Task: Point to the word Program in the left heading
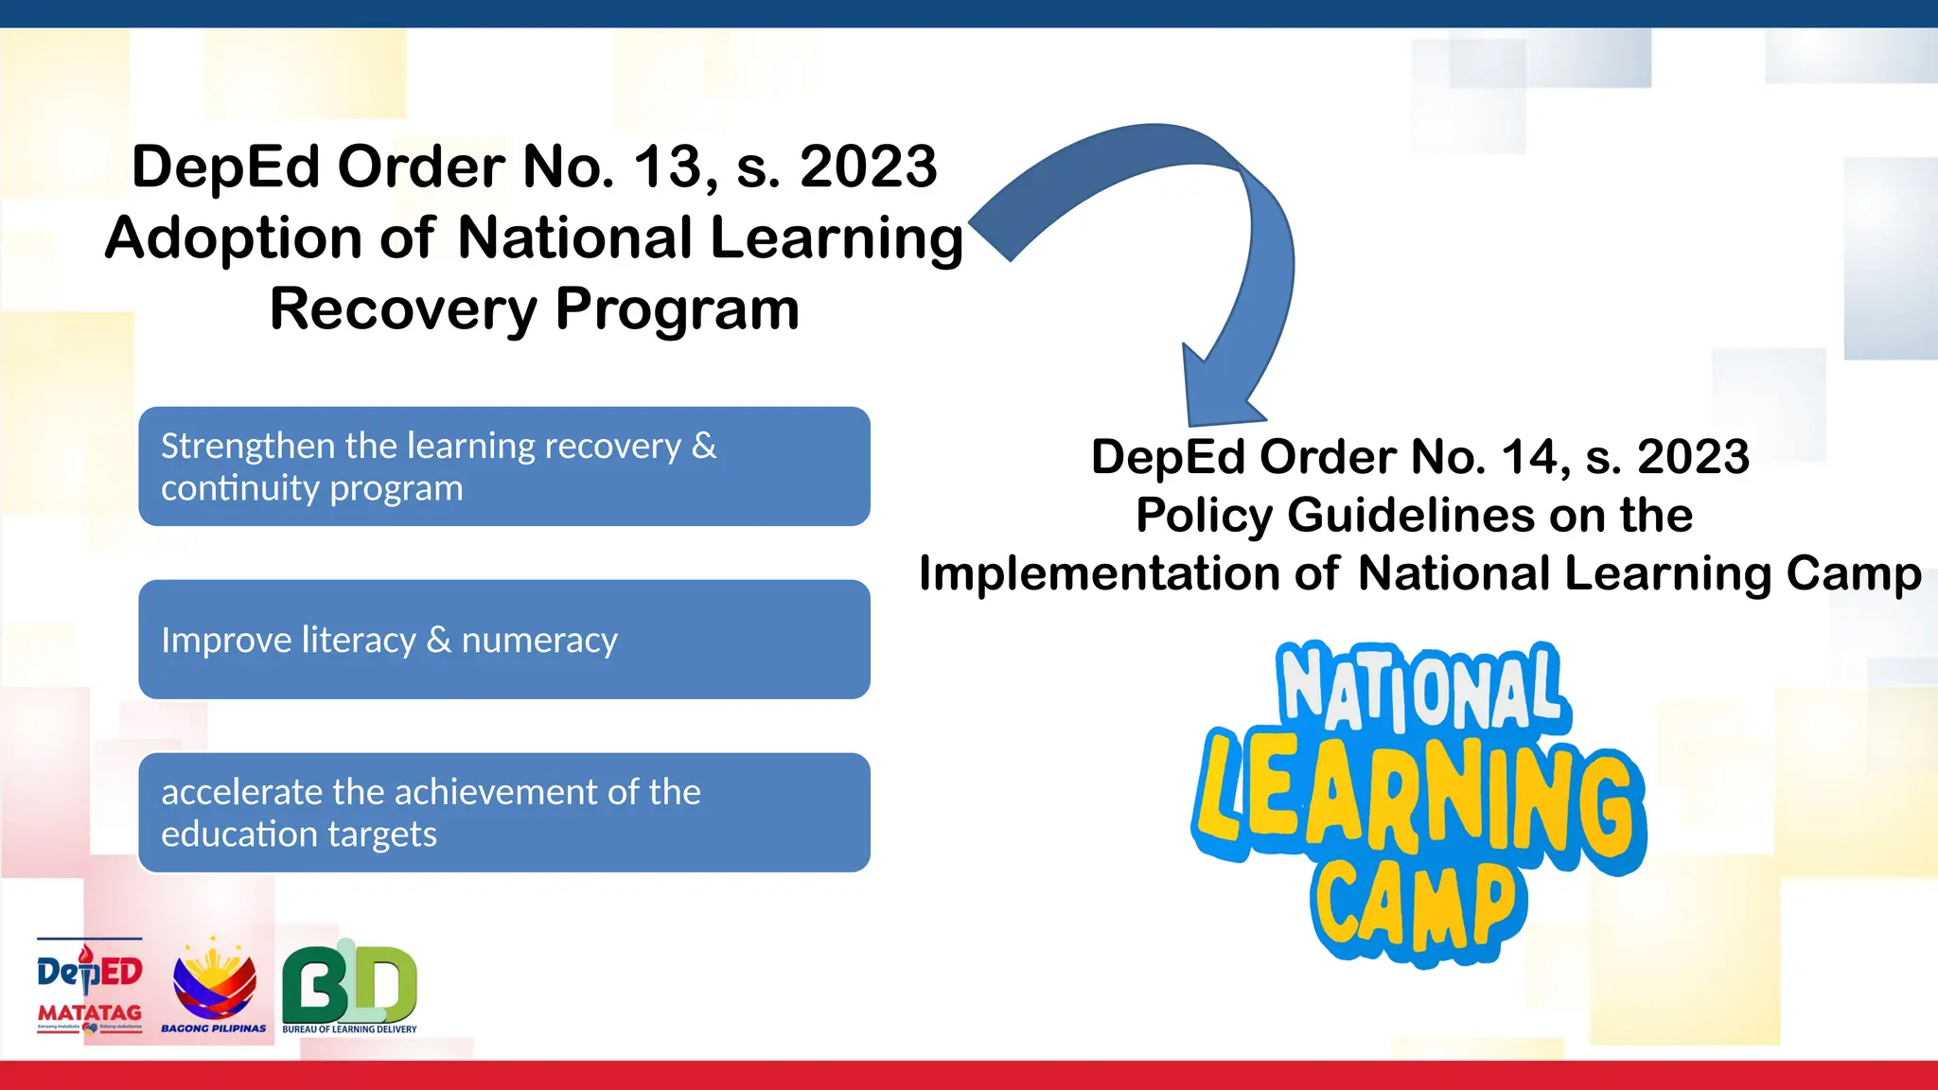677,310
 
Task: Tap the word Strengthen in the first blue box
248,446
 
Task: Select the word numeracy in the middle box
539,641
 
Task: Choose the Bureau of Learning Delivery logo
349,987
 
